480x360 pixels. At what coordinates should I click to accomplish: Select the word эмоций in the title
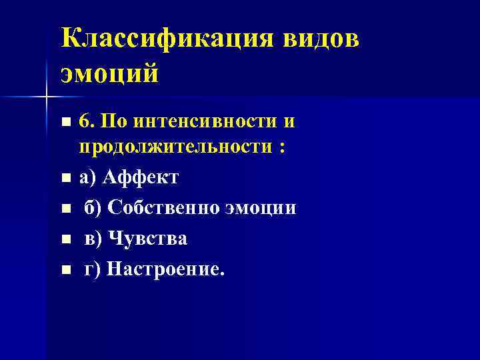pos(109,72)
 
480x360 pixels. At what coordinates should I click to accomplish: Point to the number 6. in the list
pos(88,122)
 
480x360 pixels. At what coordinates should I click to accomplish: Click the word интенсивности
pos(203,122)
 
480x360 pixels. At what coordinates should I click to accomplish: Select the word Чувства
pos(147,239)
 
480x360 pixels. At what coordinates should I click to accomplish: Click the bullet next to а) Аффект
pos(65,179)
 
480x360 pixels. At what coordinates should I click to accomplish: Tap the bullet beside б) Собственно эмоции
pos(65,209)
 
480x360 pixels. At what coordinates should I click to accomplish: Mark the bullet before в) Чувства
pos(65,240)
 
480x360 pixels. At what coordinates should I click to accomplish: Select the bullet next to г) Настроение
pos(65,271)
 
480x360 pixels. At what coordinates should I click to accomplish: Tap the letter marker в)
pos(93,239)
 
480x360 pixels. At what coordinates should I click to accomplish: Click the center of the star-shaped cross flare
pos(46,98)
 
